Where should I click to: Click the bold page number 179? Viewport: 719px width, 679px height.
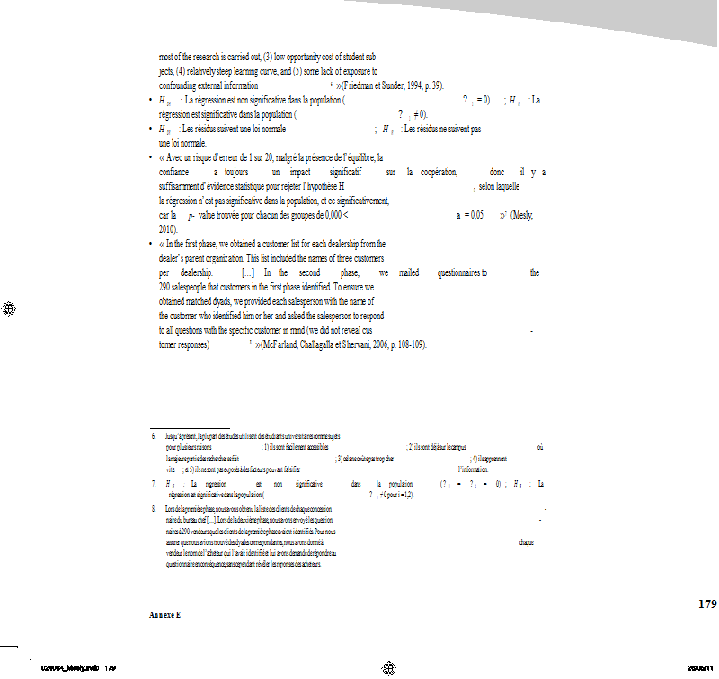point(707,603)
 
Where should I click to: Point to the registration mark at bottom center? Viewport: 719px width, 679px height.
point(388,667)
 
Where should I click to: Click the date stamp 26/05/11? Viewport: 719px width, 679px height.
point(702,668)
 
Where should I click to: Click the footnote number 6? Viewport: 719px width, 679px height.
point(153,435)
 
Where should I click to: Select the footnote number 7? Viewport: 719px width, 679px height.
point(153,484)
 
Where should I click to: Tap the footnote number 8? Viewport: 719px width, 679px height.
point(153,511)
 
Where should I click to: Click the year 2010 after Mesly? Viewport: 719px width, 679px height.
point(170,229)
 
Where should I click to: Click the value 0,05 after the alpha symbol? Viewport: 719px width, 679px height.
point(476,217)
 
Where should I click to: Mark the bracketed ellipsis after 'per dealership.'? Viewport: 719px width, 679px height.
point(253,271)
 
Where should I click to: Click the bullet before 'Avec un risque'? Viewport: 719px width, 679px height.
point(150,157)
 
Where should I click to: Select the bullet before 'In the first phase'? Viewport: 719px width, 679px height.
point(150,244)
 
